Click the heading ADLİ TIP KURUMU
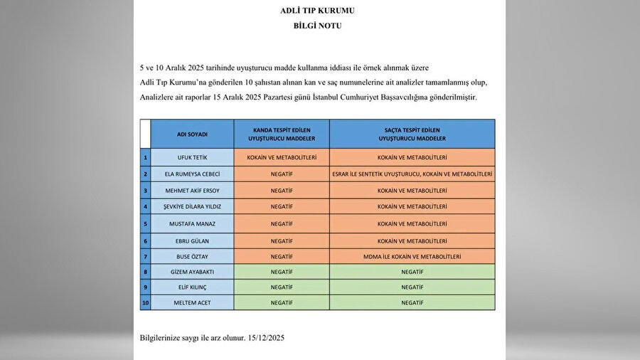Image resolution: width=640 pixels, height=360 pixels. (x=318, y=11)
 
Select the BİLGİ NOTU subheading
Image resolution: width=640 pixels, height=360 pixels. (x=318, y=25)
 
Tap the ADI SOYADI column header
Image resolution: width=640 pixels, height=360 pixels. (x=192, y=134)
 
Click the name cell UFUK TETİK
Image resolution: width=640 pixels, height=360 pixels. (x=192, y=157)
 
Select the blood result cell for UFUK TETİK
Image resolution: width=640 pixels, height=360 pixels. (x=281, y=157)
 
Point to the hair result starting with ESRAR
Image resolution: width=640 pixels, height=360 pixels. (x=412, y=174)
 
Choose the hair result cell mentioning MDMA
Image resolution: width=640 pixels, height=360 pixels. (x=412, y=255)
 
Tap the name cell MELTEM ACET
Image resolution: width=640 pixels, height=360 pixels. (x=192, y=303)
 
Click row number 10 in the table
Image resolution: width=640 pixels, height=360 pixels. (x=145, y=303)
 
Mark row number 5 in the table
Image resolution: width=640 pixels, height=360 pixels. (x=145, y=223)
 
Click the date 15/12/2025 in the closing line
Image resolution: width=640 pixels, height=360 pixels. (x=268, y=337)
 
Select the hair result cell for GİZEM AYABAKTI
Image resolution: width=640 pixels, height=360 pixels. (x=412, y=271)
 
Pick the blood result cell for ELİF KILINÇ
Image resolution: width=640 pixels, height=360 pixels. (x=281, y=287)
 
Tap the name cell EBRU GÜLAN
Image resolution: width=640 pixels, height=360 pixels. (x=192, y=240)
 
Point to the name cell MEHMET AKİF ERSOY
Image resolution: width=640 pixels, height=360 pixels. (x=192, y=191)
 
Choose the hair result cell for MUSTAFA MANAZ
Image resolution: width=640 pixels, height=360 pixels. (x=412, y=223)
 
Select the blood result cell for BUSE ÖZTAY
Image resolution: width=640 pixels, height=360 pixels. (x=281, y=255)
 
